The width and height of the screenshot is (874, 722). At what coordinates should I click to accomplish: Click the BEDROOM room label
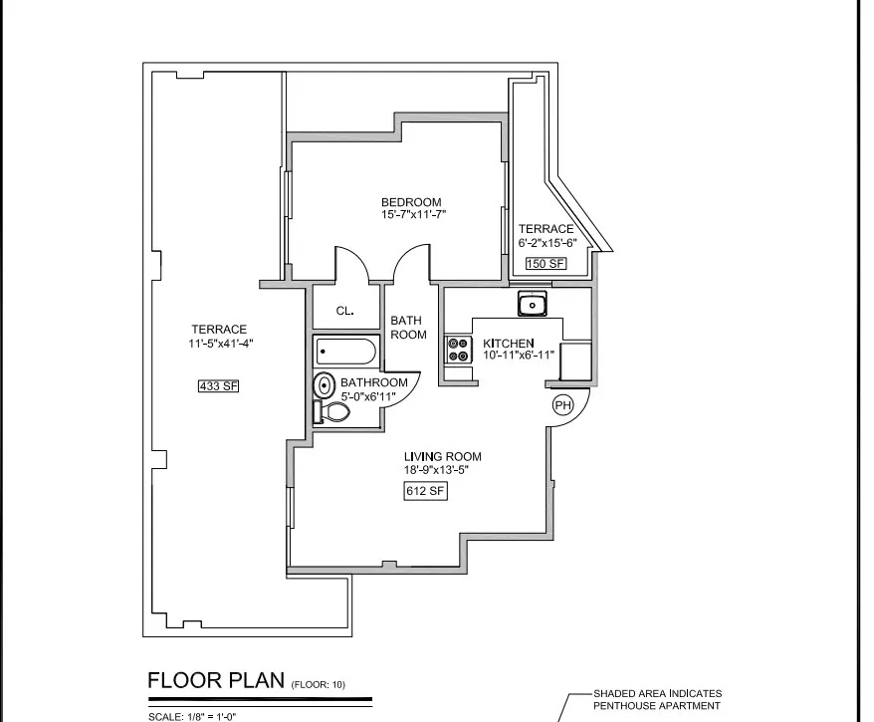click(410, 202)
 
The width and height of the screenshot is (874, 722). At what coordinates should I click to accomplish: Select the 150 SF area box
click(546, 264)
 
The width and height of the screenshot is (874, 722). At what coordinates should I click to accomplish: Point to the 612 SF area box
click(423, 490)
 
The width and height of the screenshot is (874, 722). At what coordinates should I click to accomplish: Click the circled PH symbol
click(562, 405)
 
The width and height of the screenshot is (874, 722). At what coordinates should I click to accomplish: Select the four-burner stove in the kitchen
click(460, 350)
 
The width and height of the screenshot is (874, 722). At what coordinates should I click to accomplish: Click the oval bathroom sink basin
click(325, 385)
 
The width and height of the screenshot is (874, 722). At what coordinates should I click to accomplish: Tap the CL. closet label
click(344, 311)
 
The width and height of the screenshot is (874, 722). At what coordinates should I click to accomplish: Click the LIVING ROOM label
click(442, 457)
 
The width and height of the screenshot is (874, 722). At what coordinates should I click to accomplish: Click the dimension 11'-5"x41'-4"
click(218, 344)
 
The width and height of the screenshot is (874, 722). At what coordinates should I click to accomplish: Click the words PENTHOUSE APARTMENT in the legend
click(656, 706)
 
